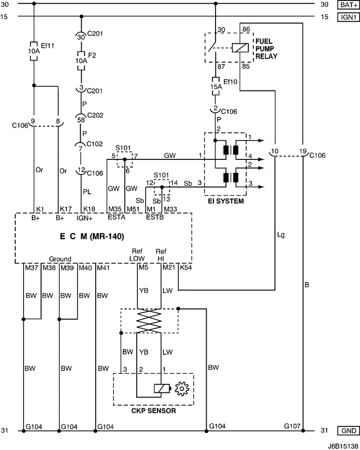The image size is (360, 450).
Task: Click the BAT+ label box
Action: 349,5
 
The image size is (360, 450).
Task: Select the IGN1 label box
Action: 349,17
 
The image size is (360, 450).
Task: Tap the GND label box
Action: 349,431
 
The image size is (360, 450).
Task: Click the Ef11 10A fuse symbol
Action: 34,51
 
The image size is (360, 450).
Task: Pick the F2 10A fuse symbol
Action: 81,61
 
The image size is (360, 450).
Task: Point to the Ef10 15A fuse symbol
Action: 215,86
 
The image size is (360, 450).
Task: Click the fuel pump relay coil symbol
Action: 240,48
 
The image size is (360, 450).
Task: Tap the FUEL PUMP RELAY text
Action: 266,49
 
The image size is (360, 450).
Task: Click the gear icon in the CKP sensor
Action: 182,389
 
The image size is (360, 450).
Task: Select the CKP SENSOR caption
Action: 154,411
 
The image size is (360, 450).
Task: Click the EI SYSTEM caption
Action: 226,201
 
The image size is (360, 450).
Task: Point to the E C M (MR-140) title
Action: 92,237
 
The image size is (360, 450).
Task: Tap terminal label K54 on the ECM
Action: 186,268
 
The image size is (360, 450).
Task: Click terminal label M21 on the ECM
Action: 169,268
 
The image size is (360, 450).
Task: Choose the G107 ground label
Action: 292,426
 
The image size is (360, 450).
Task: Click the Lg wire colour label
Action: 281,235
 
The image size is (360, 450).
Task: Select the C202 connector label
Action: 95,115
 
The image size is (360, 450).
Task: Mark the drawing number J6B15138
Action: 344,446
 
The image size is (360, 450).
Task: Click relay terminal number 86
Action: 246,29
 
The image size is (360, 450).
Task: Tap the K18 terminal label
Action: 89,209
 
